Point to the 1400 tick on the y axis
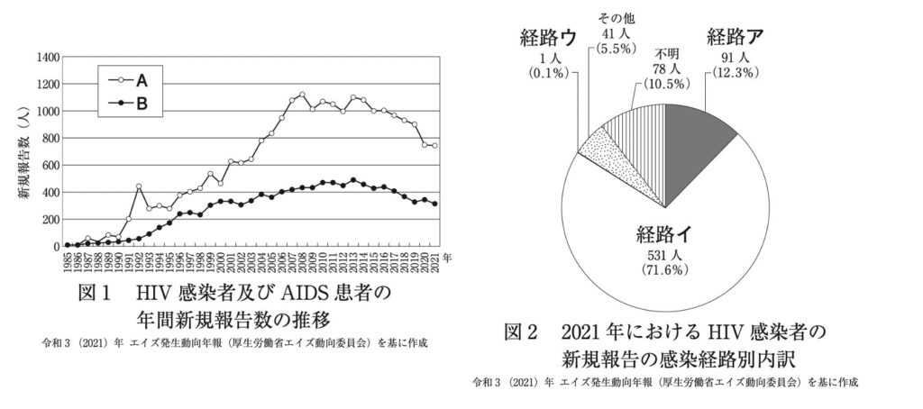[46, 58]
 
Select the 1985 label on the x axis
[68, 260]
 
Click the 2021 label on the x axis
[436, 260]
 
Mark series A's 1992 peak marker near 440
[139, 186]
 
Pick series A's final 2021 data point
[436, 145]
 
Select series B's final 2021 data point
[436, 204]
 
